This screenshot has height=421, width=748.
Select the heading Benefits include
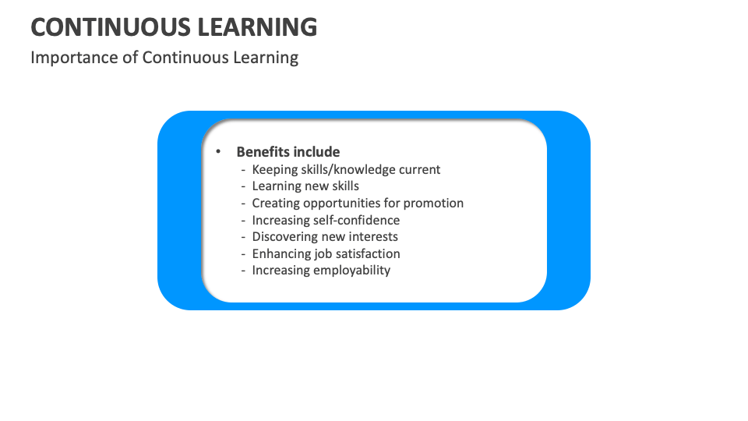[x=288, y=152]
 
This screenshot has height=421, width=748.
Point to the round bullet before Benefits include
[x=219, y=152]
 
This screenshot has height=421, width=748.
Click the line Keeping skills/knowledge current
[x=346, y=169]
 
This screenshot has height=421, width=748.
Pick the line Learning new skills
[x=305, y=186]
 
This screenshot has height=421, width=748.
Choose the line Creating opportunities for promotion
[x=358, y=203]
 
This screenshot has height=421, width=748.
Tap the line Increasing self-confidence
[x=326, y=220]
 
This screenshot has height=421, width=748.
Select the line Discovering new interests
[x=325, y=236]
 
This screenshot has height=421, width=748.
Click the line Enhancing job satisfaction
[x=326, y=253]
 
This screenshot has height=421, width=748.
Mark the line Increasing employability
[x=321, y=271]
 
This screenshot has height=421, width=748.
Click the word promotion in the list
[x=433, y=203]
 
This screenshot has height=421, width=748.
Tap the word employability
[x=352, y=271]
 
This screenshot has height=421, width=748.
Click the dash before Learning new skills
[x=243, y=186]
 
